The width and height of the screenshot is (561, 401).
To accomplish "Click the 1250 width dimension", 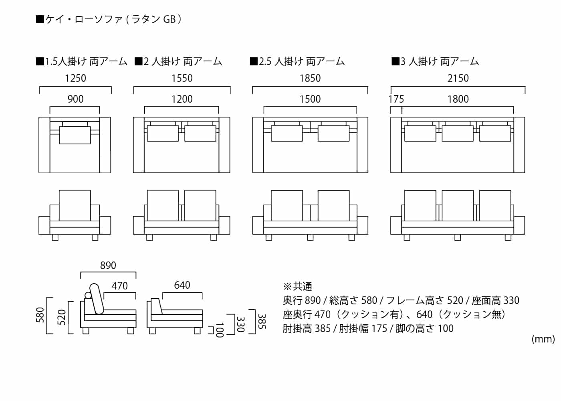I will pyautogui.click(x=75, y=78).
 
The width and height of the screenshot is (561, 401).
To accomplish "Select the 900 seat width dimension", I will pyautogui.click(x=75, y=99).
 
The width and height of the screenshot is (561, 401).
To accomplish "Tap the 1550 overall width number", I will pyautogui.click(x=182, y=78).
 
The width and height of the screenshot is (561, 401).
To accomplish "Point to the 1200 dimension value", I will pyautogui.click(x=182, y=99).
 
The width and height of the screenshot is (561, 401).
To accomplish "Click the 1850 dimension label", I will pyautogui.click(x=310, y=78).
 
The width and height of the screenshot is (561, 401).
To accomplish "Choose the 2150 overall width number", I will pyautogui.click(x=458, y=78).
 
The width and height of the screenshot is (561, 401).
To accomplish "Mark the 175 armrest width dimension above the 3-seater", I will pyautogui.click(x=396, y=99).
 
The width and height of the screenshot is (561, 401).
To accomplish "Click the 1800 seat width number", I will pyautogui.click(x=458, y=99).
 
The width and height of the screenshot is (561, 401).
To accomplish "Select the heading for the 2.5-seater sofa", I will pyautogui.click(x=297, y=61).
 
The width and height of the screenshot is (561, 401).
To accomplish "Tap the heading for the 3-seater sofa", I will pyautogui.click(x=435, y=61).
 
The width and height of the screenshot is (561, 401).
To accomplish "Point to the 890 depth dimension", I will pyautogui.click(x=108, y=265).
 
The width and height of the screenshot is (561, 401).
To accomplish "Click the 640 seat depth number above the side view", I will pyautogui.click(x=182, y=285).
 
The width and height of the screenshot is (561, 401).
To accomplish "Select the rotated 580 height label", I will pyautogui.click(x=40, y=315).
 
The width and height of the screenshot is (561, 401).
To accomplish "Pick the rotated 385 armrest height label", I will pyautogui.click(x=261, y=322).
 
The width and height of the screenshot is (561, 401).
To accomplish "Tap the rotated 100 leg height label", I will pyautogui.click(x=219, y=330).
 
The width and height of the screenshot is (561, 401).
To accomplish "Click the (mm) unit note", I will pyautogui.click(x=543, y=339).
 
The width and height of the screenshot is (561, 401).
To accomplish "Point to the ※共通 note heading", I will pyautogui.click(x=297, y=286).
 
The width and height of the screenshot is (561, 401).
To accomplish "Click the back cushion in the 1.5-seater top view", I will pyautogui.click(x=75, y=135).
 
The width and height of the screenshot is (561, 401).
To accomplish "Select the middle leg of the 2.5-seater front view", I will pyautogui.click(x=310, y=237).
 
